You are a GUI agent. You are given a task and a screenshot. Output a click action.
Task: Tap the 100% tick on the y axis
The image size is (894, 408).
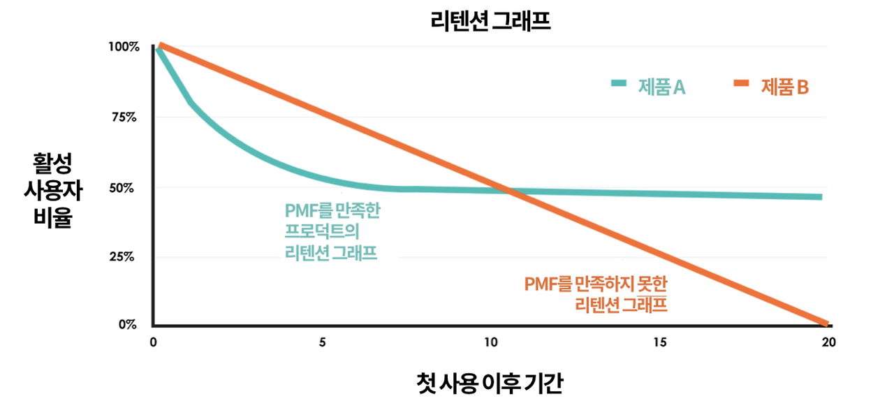point(124,47)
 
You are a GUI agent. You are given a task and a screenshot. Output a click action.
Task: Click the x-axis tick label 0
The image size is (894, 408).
point(153,343)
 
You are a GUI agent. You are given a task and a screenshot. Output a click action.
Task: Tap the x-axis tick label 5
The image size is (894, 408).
point(322,343)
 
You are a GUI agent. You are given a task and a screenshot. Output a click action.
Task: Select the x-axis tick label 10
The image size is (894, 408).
point(491,343)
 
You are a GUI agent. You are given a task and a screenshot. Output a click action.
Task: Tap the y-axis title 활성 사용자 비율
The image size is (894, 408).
point(52,190)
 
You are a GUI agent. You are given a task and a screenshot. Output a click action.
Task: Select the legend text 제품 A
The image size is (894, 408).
point(661,87)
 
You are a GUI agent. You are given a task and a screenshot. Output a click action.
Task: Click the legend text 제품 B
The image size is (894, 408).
point(784,87)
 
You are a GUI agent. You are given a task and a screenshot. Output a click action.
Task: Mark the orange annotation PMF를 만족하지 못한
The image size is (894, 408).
point(595,294)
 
